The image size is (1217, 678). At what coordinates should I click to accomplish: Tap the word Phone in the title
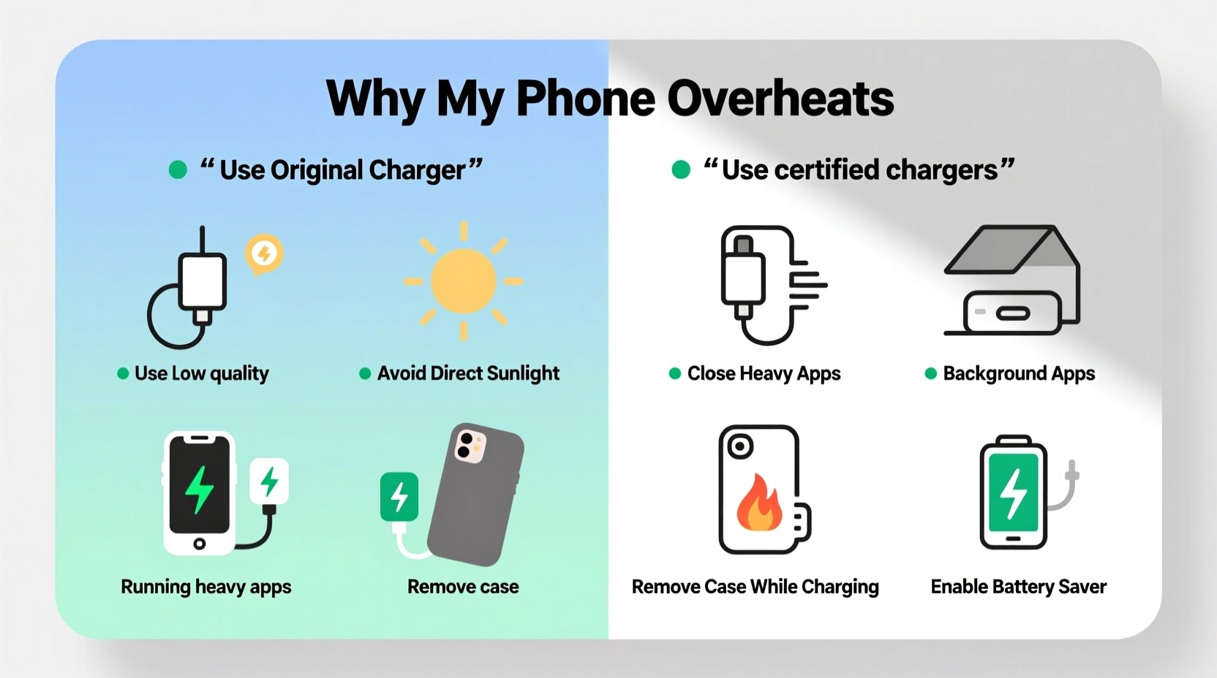pos(585,99)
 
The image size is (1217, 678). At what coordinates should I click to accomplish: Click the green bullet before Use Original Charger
pos(178,170)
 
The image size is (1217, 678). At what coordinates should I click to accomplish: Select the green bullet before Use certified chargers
pos(681,170)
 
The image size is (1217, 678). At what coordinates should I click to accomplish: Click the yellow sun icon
pos(463,281)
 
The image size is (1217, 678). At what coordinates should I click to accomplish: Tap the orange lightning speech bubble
pos(264,254)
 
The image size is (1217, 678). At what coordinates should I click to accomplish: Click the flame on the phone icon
pos(758,504)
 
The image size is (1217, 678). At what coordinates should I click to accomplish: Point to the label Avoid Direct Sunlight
pos(468,373)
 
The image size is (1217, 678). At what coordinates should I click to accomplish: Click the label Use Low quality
pos(201,373)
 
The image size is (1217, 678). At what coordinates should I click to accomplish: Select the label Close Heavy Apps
pos(764,373)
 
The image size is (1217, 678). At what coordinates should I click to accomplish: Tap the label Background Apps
pos(1018,373)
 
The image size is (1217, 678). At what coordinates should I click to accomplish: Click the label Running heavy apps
pos(206,587)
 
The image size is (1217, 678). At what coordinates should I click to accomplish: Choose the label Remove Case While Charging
pos(755,587)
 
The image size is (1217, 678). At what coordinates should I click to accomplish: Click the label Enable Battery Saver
pos(1018,587)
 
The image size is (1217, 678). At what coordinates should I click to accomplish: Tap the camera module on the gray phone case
pos(470,446)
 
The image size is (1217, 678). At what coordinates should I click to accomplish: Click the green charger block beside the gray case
pos(399,497)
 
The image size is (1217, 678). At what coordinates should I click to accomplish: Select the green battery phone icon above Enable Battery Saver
pos(1014,492)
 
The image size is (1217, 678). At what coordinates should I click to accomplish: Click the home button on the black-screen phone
pos(199,544)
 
